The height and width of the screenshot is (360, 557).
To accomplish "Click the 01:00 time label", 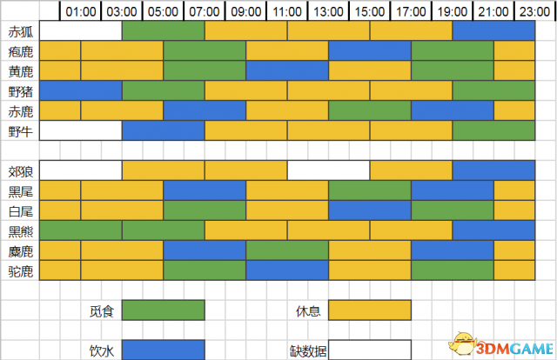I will [81, 11].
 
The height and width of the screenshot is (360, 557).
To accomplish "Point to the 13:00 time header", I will [329, 11].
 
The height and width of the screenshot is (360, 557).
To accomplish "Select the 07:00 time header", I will [205, 11].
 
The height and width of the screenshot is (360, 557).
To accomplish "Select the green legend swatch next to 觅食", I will [163, 310].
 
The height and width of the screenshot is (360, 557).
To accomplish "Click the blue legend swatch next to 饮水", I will [163, 350].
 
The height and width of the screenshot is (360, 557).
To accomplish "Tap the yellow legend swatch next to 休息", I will [370, 310].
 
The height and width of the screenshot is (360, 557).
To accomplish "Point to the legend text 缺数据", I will [308, 350].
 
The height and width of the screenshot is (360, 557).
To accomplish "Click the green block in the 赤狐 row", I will [163, 31].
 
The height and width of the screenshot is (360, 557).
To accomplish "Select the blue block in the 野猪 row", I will [81, 90].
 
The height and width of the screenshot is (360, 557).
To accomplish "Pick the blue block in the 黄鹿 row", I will [287, 70].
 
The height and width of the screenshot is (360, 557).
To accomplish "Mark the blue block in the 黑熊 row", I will [493, 230].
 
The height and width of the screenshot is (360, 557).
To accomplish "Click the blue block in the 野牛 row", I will [163, 130].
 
